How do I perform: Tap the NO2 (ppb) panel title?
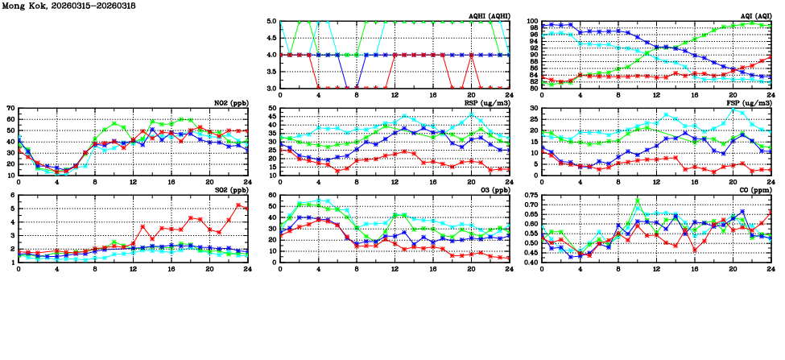[x=230, y=103]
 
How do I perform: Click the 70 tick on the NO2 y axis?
[x=9, y=108]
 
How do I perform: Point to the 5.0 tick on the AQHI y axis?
[x=271, y=22]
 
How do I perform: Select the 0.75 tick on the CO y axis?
[x=529, y=195]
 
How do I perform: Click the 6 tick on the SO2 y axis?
[x=11, y=195]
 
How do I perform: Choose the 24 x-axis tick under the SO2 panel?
[x=247, y=269]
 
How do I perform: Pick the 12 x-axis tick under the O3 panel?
[x=395, y=269]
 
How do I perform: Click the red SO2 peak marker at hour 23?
[x=238, y=205]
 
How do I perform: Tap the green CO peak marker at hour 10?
[x=638, y=201]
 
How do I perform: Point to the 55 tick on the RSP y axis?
[x=271, y=108]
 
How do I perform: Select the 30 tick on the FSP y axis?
[x=532, y=108]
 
